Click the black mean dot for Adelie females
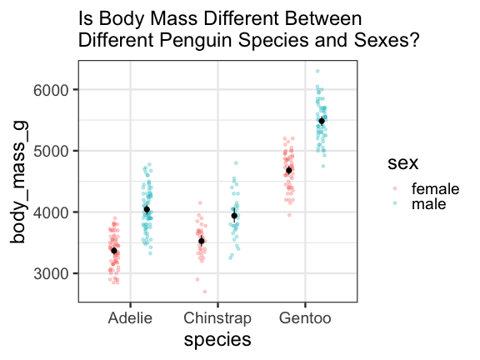[114, 251]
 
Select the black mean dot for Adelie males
[147, 209]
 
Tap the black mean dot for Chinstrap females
[202, 241]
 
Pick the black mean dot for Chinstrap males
[234, 216]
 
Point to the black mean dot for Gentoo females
[289, 171]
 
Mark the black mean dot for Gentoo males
[322, 121]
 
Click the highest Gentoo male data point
[317, 71]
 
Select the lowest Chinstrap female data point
[205, 292]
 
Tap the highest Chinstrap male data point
[236, 163]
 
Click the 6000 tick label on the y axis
[51, 90]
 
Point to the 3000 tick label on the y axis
[51, 273]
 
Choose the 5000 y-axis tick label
[51, 151]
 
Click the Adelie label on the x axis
[130, 317]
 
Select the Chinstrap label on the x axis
[217, 318]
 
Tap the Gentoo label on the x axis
[305, 317]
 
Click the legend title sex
[402, 163]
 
